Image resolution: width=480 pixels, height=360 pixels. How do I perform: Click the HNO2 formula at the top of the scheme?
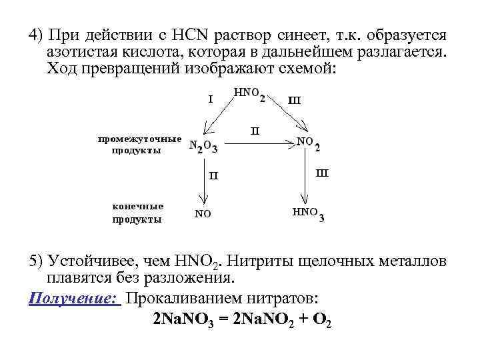250,94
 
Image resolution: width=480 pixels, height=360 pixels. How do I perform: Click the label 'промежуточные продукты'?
139,145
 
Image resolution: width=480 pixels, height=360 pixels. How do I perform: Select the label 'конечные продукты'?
137,212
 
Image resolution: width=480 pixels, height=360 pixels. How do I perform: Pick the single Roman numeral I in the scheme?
210,99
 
